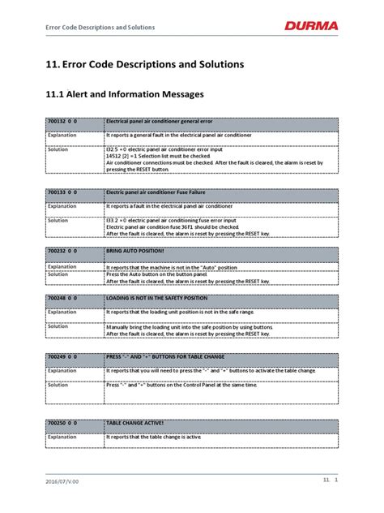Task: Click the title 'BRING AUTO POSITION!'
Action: [135, 253]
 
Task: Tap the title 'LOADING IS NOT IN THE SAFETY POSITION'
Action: [157, 299]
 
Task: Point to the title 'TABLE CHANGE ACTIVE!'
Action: [136, 424]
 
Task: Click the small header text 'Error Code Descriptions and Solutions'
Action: [92, 27]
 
